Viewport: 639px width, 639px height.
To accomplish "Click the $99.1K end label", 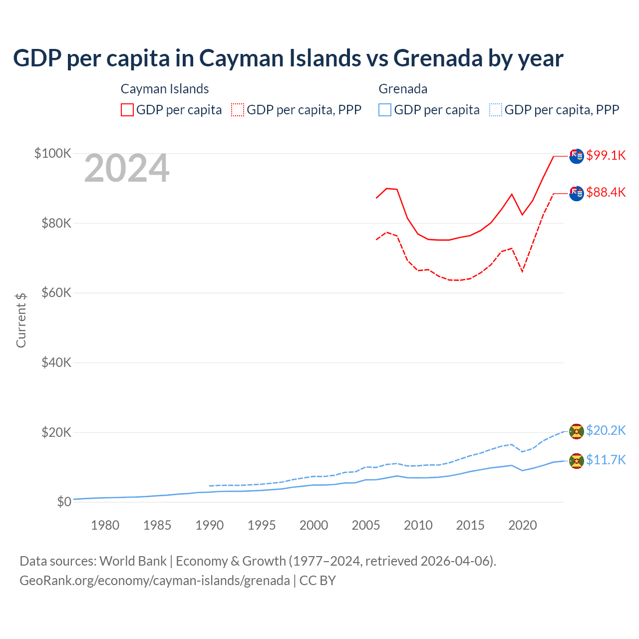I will (x=606, y=155).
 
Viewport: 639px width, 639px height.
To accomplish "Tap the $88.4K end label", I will (x=606, y=192).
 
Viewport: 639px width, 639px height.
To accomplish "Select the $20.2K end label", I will (x=606, y=430).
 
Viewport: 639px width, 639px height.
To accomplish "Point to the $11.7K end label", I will (x=606, y=460).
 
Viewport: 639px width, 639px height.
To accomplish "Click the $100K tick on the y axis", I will (x=53, y=153).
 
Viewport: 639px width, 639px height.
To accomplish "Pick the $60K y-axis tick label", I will (x=56, y=293).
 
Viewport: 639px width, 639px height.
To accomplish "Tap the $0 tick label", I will (x=64, y=502).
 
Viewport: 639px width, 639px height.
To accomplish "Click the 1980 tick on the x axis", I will (x=105, y=525).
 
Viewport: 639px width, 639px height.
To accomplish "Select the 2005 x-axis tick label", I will (x=366, y=525).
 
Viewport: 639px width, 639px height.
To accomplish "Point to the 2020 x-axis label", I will (x=522, y=525).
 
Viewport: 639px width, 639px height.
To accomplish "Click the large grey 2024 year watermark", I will (x=127, y=169).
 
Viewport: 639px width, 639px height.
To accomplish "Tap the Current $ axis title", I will (x=21, y=320).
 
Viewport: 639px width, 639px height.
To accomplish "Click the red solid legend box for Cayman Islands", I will (x=127, y=110).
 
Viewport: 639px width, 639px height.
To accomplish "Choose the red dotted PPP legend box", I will (x=238, y=110).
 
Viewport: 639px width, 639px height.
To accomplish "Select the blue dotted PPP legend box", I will (x=496, y=110).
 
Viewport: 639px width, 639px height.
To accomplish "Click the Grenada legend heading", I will (x=403, y=89).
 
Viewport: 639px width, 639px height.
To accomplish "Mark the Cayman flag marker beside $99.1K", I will (x=577, y=156).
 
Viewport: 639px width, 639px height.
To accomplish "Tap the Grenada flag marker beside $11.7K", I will (x=577, y=461).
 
